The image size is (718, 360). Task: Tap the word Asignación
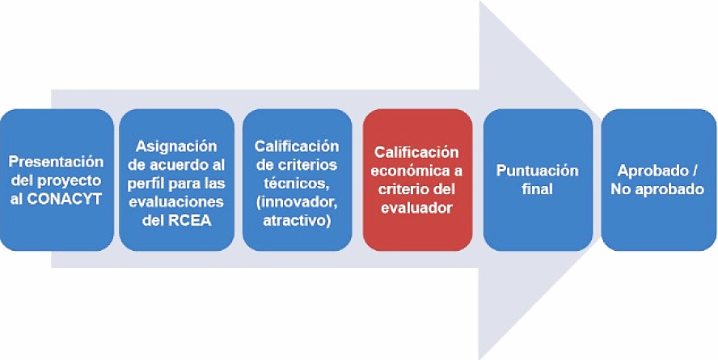(176, 146)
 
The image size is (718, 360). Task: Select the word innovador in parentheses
(300, 201)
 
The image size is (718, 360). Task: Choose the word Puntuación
(538, 171)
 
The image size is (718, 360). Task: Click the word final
(538, 189)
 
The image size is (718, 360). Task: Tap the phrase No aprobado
(658, 189)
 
